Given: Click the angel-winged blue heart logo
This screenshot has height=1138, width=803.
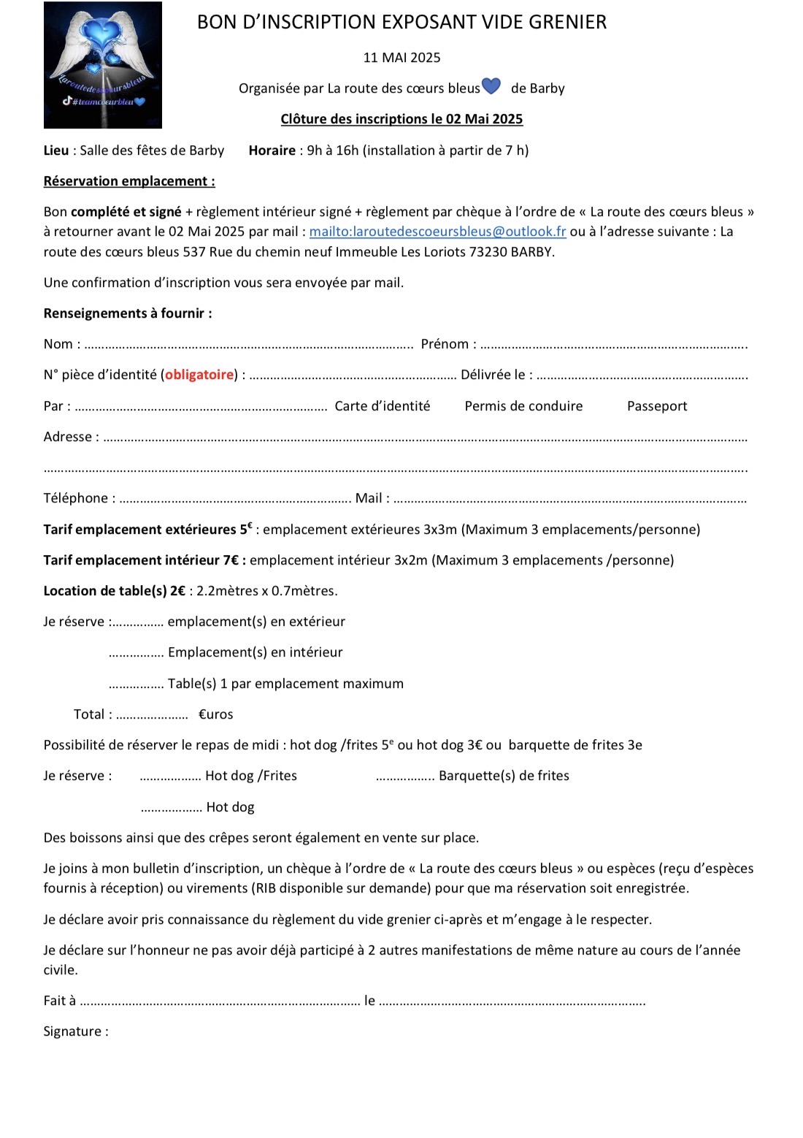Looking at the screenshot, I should tap(103, 65).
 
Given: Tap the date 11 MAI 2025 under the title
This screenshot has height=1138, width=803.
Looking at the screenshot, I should tap(401, 58).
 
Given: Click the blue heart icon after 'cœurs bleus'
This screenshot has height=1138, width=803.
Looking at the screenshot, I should tap(491, 86).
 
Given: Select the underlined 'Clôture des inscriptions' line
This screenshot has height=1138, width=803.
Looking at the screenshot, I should tap(401, 119).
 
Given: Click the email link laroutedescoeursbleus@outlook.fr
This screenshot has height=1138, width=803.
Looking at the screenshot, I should tap(437, 232).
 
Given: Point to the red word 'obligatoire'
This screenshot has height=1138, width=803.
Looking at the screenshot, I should tap(199, 375).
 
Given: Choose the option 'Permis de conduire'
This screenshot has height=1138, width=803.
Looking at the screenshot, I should tap(523, 406).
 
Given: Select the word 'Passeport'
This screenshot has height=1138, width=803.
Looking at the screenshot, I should tap(657, 406).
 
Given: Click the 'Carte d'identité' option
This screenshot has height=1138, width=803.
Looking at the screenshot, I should tap(382, 406).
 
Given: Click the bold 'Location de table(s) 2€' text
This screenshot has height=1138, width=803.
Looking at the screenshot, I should tap(114, 591).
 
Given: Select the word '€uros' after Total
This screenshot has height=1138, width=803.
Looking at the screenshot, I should tap(215, 714).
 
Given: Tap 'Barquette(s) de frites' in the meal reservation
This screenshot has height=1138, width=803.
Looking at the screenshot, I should tap(504, 776).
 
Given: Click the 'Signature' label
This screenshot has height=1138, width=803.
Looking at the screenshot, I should tap(75, 1031).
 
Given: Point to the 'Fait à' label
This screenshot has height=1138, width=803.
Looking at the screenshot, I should tap(59, 1001).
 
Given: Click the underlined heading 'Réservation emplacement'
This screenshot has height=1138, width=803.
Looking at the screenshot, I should tap(129, 181).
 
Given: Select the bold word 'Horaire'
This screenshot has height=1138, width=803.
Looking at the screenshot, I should tap(272, 150).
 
